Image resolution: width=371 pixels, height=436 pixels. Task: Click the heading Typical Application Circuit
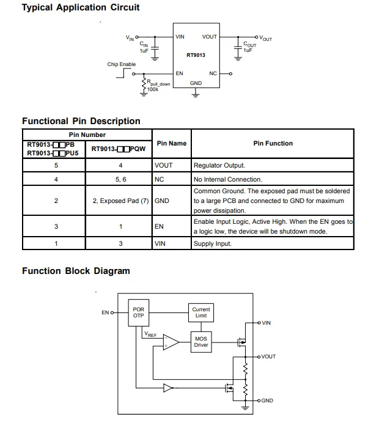point(81,8)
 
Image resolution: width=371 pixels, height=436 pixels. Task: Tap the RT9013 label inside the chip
point(196,55)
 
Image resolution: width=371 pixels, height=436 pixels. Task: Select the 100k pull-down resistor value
point(152,89)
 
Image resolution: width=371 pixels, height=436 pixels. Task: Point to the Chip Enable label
point(122,64)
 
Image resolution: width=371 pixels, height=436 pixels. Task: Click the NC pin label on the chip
point(213,73)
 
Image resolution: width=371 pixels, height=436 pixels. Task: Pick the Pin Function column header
point(273,143)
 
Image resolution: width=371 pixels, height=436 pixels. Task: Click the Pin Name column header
point(171,143)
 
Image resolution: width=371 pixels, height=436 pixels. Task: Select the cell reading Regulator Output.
point(219,166)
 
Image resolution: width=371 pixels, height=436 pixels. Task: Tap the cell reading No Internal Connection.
point(228,180)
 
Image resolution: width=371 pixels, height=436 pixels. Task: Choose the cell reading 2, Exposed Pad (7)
point(120,201)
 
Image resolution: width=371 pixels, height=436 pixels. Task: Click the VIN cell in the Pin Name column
point(160,244)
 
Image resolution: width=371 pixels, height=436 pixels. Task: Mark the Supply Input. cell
point(213,244)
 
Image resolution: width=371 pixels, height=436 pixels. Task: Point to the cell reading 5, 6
point(120,180)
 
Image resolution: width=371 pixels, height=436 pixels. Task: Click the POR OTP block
point(139,312)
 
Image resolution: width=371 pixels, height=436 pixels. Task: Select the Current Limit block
point(201,312)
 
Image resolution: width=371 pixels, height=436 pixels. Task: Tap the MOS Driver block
point(201,342)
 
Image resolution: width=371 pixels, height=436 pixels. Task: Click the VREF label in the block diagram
point(150,335)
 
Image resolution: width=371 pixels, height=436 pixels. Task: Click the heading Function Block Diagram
point(76,271)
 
